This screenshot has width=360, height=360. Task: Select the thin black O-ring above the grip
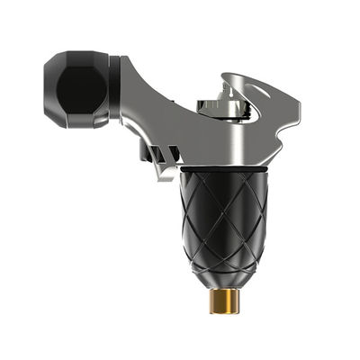pyautogui.click(x=220, y=167)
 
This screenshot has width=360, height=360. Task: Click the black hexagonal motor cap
pyautogui.click(x=81, y=89)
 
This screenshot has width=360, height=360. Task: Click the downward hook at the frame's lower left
pyautogui.click(x=166, y=171)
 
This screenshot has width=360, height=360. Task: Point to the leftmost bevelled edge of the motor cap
pyautogui.click(x=47, y=89)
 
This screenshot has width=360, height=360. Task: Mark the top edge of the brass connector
pyautogui.click(x=220, y=291)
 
